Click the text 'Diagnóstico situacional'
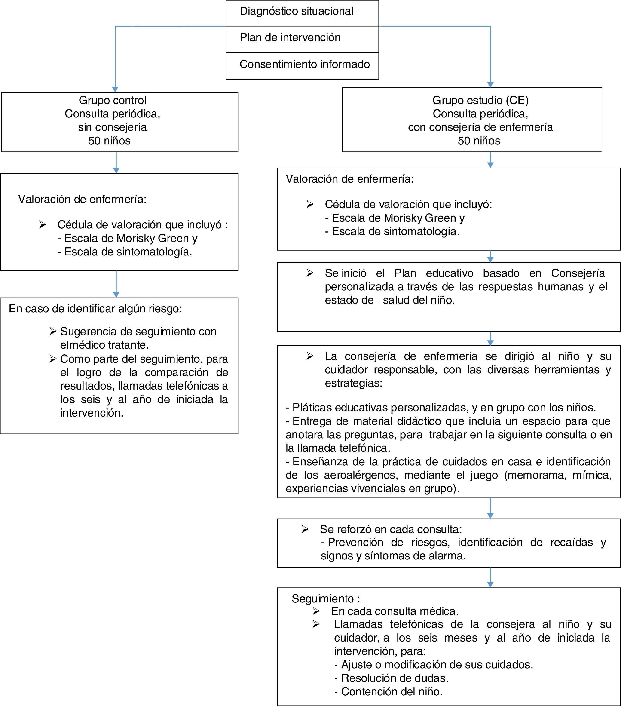click(296, 11)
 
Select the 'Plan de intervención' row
click(290, 38)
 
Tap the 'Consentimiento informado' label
click(304, 64)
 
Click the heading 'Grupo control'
click(112, 100)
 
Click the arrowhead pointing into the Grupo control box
click(115, 89)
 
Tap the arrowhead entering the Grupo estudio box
click(490, 85)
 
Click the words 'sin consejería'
click(112, 127)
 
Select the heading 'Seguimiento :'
click(325, 599)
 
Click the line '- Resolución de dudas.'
click(391, 678)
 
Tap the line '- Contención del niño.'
click(388, 691)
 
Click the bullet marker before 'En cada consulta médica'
click(316, 611)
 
